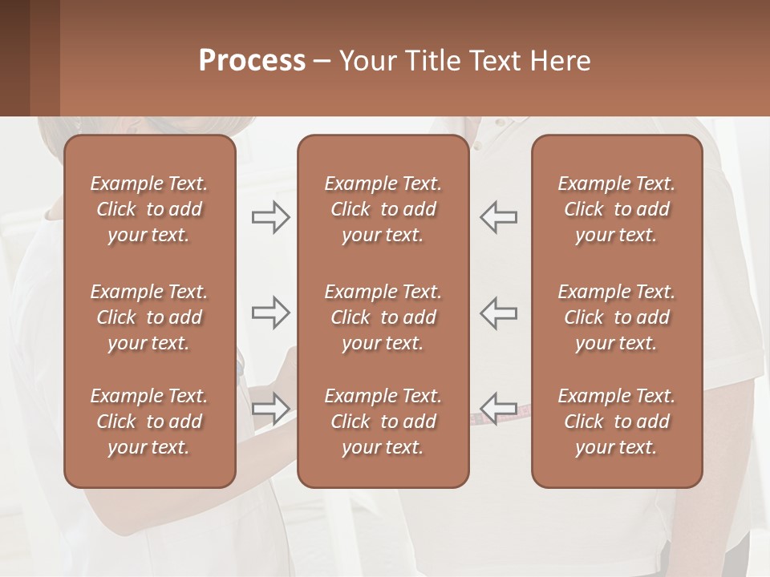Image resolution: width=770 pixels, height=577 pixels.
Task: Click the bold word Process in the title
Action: (252, 61)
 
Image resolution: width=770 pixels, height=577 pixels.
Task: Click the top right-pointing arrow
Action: (270, 217)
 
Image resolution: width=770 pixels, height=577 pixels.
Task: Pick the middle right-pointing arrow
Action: (270, 313)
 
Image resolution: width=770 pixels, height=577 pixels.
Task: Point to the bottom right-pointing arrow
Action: (270, 408)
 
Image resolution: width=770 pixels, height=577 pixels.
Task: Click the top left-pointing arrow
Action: (498, 217)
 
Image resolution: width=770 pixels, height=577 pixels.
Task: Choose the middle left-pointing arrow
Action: (498, 313)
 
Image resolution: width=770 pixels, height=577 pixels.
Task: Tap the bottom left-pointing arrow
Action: (498, 408)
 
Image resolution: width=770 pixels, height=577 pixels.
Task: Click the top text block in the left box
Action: (149, 209)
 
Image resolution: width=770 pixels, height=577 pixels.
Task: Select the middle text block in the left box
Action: (149, 317)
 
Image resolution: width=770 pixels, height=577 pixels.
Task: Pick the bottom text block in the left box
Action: (149, 422)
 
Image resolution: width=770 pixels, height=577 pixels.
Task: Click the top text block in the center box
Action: (383, 209)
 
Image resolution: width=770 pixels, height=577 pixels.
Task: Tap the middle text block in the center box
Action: (383, 317)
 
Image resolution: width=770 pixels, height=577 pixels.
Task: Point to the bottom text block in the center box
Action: (383, 422)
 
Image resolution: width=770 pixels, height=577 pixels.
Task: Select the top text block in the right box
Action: (617, 209)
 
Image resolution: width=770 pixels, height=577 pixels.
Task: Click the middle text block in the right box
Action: (617, 317)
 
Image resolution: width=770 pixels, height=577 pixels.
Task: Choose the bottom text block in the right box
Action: (617, 422)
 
